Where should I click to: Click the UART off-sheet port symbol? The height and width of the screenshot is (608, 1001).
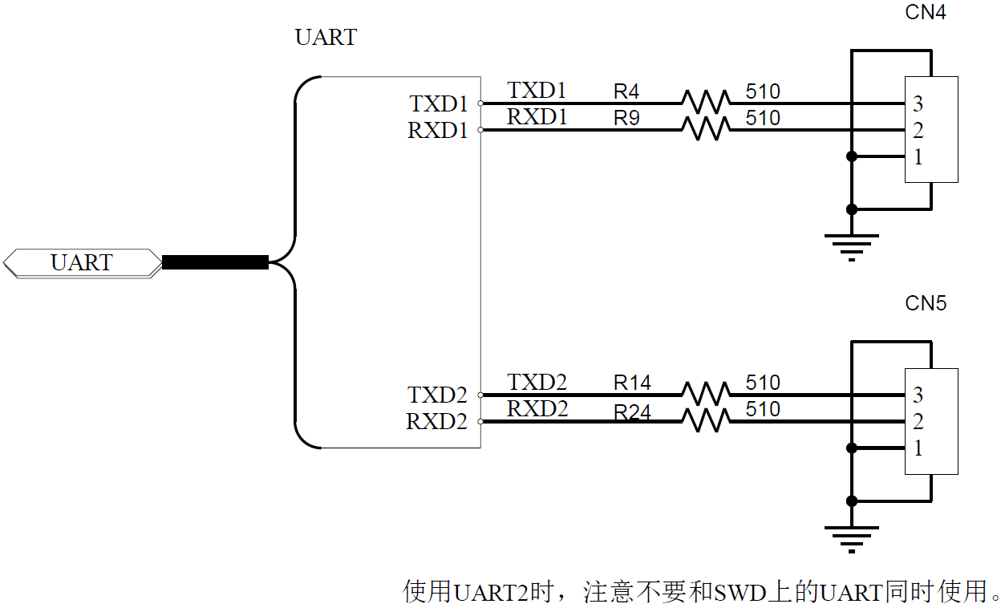point(82,263)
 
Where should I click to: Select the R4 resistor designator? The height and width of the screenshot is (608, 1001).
point(626,91)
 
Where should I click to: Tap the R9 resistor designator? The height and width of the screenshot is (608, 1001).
point(626,118)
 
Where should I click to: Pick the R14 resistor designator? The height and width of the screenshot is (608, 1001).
point(632,383)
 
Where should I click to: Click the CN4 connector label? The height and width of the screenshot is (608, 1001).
point(926,13)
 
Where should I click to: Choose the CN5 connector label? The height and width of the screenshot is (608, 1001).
point(926,303)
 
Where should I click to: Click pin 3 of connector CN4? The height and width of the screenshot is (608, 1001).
point(918,103)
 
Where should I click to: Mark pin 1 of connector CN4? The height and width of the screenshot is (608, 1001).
point(918,156)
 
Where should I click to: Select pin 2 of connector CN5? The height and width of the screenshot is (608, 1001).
point(918,421)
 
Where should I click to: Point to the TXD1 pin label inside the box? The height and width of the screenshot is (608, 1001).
point(439,104)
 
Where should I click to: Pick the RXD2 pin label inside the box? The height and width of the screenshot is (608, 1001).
point(436,422)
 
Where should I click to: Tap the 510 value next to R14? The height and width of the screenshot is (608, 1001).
point(763,383)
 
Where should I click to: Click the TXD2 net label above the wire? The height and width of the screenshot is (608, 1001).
point(537,383)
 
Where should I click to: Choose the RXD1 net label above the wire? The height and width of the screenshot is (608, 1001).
point(537,117)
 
